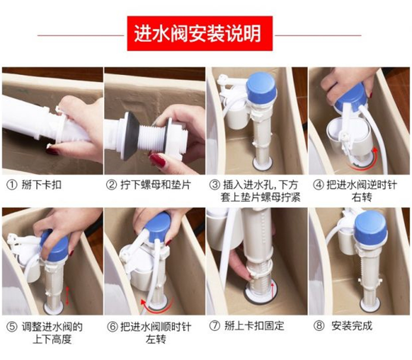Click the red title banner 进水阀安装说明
(200, 33)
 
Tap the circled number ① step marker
(12, 185)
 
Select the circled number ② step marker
(111, 185)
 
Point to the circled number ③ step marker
(214, 185)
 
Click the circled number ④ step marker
(318, 185)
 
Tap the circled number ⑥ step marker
(112, 327)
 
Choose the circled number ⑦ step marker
(215, 326)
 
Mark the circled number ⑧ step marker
(319, 326)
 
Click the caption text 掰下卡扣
(42, 185)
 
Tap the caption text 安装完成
(352, 326)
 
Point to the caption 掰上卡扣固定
(254, 326)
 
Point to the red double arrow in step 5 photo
(68, 296)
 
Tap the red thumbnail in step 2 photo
(158, 161)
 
